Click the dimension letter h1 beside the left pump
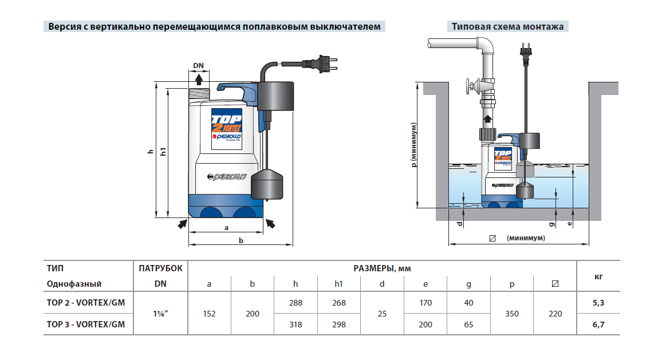163,152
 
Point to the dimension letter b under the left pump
241,242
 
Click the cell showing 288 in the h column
295,303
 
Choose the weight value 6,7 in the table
598,325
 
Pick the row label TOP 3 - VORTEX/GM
85,325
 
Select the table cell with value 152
209,314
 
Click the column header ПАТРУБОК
160,268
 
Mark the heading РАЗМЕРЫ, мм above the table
382,268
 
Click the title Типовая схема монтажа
507,26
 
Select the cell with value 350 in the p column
513,314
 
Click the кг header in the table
598,276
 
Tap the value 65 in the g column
469,325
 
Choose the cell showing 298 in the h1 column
339,325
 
